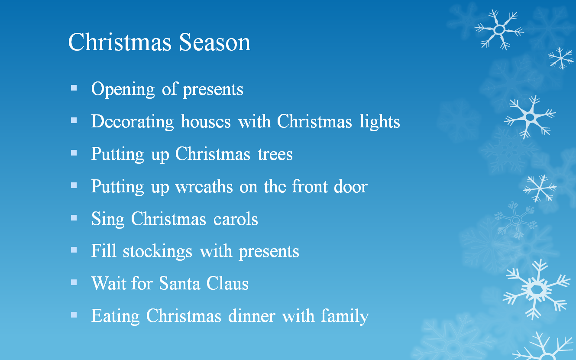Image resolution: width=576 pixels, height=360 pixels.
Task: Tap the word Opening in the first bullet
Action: [123, 90]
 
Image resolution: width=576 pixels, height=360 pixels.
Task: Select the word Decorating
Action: [133, 122]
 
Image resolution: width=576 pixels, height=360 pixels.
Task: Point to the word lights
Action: [380, 122]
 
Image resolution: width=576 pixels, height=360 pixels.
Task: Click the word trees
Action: [275, 155]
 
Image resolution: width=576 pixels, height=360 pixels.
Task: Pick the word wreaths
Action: [204, 186]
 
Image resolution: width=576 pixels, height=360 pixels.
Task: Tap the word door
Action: [351, 186]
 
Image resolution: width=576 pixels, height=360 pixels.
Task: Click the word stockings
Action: [157, 252]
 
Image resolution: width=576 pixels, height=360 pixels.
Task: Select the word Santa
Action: [179, 284]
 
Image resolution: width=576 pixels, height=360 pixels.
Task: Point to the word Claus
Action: [227, 284]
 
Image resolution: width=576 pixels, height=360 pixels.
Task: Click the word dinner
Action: [252, 316]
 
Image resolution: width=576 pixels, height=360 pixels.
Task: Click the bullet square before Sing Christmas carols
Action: [74, 218]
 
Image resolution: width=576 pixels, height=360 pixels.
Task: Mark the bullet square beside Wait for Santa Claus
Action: [74, 282]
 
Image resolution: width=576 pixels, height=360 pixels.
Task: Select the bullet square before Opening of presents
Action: [74, 88]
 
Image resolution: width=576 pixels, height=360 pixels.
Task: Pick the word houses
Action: [206, 122]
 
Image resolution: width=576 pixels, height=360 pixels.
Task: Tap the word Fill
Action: [104, 251]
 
